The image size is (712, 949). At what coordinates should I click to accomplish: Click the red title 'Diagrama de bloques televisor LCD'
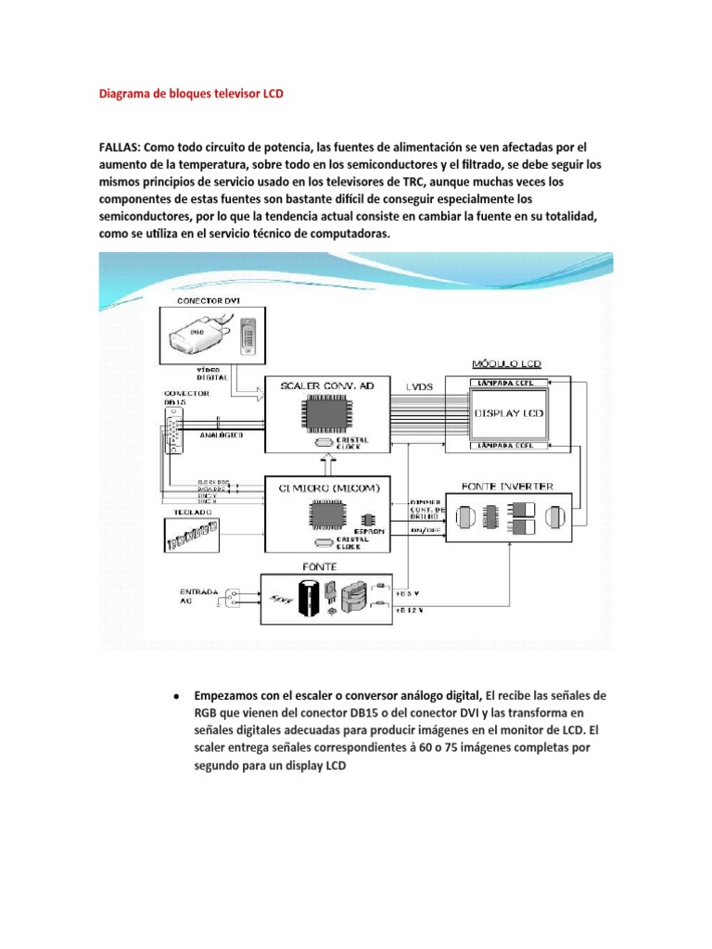191,94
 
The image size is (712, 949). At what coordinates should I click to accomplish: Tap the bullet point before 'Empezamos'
174,695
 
